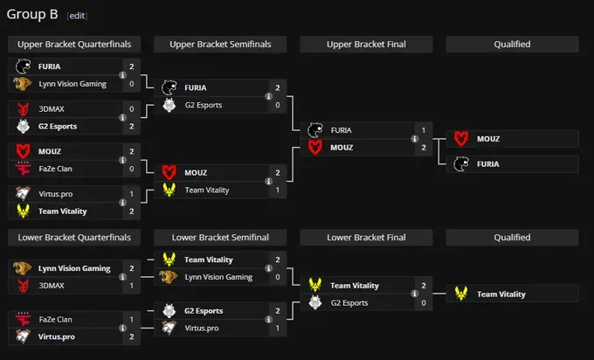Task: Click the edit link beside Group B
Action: [77, 16]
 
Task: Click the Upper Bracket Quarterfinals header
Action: [74, 45]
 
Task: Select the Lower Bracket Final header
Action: [366, 238]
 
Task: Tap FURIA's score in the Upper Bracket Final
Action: [424, 130]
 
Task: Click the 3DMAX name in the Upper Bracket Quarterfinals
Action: [52, 109]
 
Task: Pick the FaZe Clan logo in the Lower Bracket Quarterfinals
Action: [23, 319]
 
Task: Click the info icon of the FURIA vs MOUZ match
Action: [415, 139]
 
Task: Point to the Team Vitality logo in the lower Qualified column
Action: [461, 294]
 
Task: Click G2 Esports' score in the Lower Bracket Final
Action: [424, 303]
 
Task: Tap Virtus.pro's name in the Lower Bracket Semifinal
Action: [202, 329]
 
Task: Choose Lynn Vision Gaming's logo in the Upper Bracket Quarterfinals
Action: [23, 84]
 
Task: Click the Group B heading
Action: [32, 14]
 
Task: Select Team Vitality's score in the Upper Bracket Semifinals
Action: [278, 190]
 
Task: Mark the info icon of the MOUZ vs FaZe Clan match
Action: [123, 160]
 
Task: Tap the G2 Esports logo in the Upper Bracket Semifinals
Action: [169, 105]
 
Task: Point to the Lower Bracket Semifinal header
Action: [220, 238]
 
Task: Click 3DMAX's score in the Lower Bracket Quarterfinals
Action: [131, 286]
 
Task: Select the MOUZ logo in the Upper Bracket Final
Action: [314, 148]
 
